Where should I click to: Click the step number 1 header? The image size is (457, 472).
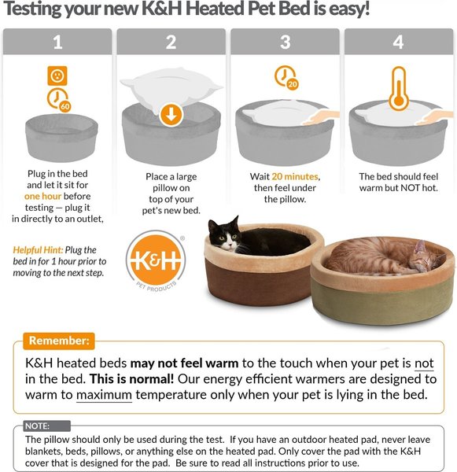(57, 42)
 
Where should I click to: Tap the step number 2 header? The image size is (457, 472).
(171, 42)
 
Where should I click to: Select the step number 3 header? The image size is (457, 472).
(285, 42)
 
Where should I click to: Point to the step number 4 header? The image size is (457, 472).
(398, 42)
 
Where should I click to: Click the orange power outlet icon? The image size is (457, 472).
(57, 76)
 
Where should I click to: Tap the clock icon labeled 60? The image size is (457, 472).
(57, 99)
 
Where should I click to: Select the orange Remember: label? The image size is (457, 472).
(59, 341)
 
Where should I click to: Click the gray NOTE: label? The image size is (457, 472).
(36, 426)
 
